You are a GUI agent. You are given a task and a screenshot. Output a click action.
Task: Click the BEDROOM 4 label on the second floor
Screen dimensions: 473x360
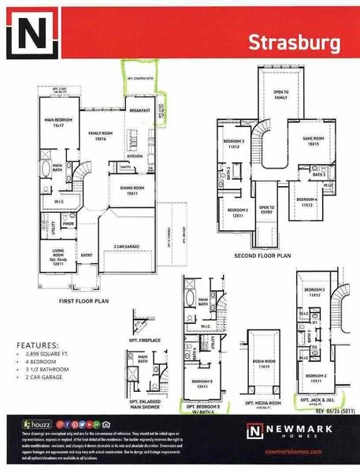pos(306,200)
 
